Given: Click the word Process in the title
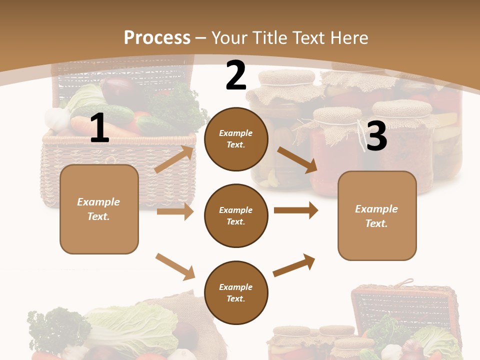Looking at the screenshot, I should point(157,38).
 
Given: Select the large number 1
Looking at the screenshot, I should point(99,128).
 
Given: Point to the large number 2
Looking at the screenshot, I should point(235,75).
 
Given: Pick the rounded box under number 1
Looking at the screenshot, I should point(99,209).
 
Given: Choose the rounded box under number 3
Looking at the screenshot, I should point(377,215).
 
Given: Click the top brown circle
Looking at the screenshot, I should point(235,139).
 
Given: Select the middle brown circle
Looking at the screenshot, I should point(235,215).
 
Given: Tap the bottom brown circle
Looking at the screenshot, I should point(235,292).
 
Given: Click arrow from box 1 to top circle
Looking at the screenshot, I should point(174,159).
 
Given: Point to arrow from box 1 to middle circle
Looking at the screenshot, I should point(175,211).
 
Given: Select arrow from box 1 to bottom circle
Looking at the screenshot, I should point(175,266).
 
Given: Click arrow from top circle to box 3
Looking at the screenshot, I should point(297,160).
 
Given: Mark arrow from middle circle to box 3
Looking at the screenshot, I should point(296,210).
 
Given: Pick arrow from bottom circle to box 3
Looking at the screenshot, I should point(294,265).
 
